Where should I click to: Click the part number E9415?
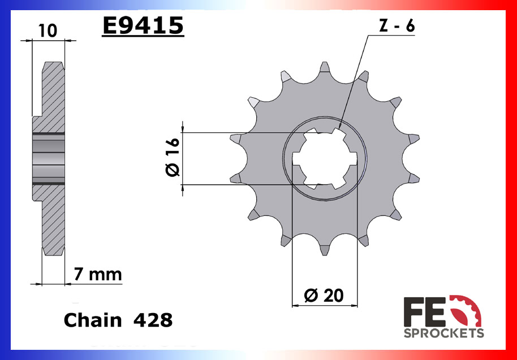(x=143, y=25)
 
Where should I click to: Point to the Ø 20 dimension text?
(x=325, y=296)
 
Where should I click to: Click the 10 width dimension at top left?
(x=48, y=31)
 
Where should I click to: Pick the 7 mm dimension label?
(x=98, y=275)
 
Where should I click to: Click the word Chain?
(x=92, y=320)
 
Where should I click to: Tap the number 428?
(x=153, y=320)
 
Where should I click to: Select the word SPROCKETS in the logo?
(x=443, y=333)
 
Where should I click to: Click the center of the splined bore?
(x=325, y=159)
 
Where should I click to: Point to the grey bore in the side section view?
(x=49, y=159)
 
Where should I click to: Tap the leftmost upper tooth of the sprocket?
(x=235, y=138)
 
